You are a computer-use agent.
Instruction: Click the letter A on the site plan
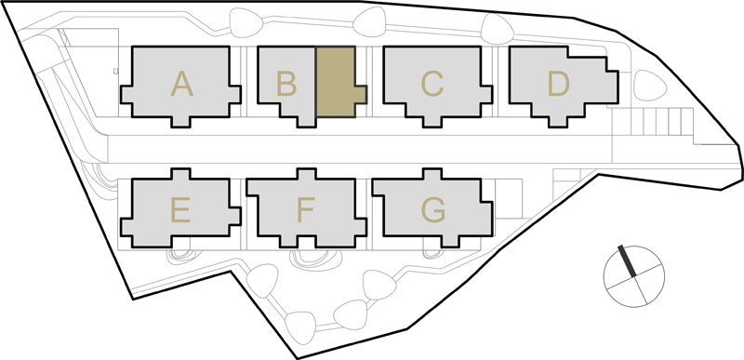tap(181, 84)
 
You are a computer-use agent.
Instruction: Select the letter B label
tap(286, 84)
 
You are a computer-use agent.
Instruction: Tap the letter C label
tap(432, 84)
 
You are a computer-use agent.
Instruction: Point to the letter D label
tap(558, 84)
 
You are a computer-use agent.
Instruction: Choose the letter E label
tap(180, 210)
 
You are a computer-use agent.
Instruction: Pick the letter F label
tap(306, 210)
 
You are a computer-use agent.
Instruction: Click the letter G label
tap(433, 210)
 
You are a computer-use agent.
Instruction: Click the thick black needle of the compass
tap(627, 260)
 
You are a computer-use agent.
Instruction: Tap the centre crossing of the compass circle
tap(634, 276)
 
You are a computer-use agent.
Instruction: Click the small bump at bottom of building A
tap(180, 122)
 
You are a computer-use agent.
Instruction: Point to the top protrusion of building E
tap(180, 174)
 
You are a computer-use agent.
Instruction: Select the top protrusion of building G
tap(432, 174)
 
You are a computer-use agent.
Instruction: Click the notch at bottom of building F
tap(307, 242)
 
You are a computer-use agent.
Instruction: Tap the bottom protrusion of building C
tap(432, 122)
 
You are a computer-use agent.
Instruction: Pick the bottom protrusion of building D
tap(558, 122)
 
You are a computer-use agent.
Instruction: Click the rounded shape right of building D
tap(649, 86)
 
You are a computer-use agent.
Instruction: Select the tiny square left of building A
tap(115, 71)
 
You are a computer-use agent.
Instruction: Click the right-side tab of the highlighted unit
tap(360, 94)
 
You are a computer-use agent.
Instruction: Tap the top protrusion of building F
tap(307, 174)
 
